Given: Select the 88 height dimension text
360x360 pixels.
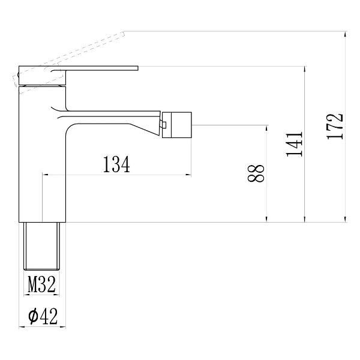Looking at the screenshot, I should (x=257, y=174).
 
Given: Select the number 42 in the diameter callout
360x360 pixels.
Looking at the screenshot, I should (x=49, y=316).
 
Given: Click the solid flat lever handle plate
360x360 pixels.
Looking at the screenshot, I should (x=96, y=68).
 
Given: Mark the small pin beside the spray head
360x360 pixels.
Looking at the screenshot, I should (x=163, y=125).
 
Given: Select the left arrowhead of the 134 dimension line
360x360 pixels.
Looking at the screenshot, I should (x=44, y=175).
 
